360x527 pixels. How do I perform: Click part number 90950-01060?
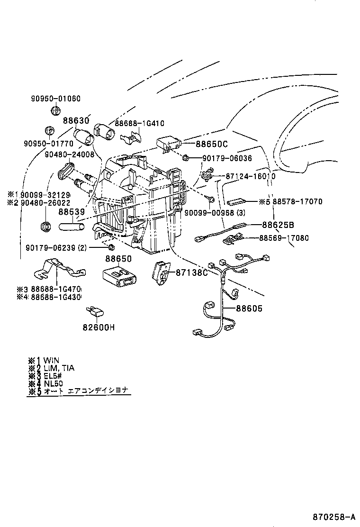tap(56, 99)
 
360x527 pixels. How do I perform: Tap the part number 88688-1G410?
tap(139, 123)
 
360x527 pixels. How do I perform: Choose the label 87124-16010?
tap(249, 176)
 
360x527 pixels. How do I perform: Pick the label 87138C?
tap(192, 273)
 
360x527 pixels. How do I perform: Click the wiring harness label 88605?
tap(249, 309)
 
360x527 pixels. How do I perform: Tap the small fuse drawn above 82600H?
tap(96, 312)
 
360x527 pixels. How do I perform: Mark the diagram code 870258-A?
tap(333, 516)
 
